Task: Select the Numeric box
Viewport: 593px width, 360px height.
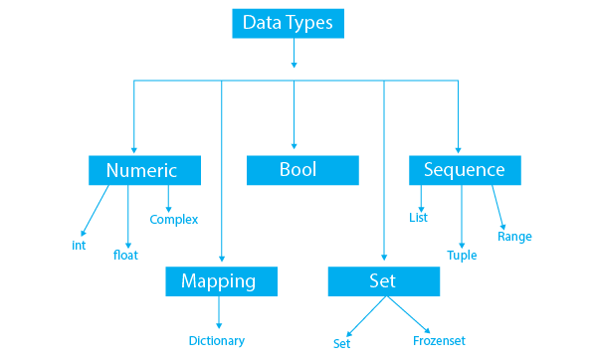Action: pos(145,170)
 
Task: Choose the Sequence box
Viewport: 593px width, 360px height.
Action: pos(464,170)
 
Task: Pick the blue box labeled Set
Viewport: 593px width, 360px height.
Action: pos(382,281)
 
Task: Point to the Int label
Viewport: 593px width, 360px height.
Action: pos(80,245)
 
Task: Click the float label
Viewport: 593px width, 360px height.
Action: pos(125,255)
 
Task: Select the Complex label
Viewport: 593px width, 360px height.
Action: pos(174,219)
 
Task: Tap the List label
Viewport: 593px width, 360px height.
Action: pos(419,217)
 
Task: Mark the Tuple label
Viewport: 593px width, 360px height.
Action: pos(462,255)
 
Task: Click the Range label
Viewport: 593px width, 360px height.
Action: pos(514,237)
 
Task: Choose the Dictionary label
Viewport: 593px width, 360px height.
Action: pos(217,341)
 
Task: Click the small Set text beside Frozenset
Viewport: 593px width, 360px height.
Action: pos(342,343)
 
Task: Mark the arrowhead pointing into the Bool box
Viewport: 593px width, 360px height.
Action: pos(295,146)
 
